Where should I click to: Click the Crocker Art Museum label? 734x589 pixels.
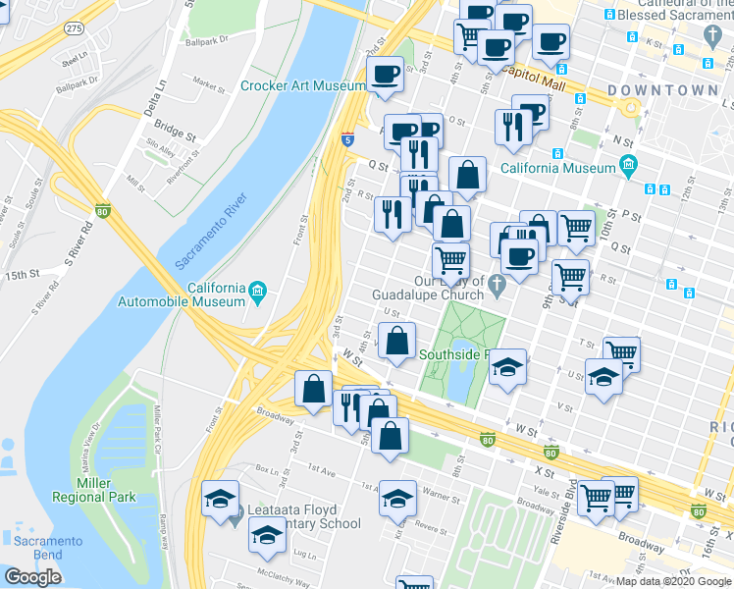[302, 86]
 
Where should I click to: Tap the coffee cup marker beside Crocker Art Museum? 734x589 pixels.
[385, 74]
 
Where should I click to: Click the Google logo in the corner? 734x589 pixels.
[32, 577]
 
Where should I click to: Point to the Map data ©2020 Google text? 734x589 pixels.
[673, 581]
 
